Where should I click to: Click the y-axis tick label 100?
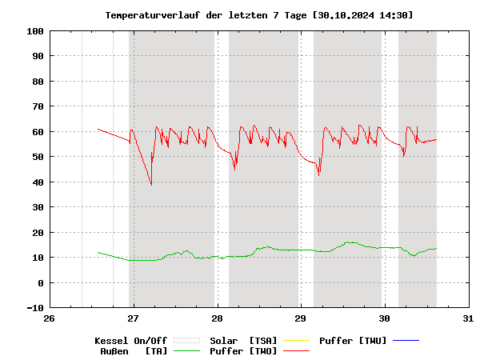click(34, 31)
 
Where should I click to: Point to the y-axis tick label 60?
click(37, 132)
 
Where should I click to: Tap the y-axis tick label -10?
click(34, 308)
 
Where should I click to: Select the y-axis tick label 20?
click(37, 233)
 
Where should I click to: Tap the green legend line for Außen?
click(186, 351)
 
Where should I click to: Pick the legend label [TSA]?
click(265, 341)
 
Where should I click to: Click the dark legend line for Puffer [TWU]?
click(406, 341)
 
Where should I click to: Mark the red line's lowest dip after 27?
click(151, 185)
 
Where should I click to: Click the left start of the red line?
click(98, 129)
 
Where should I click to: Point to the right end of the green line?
click(437, 248)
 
